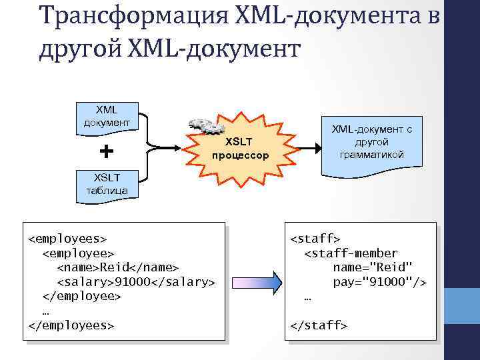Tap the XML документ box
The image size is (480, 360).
click(106, 116)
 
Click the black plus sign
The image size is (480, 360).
click(106, 151)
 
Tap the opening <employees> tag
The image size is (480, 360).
click(67, 238)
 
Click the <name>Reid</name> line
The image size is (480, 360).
click(117, 267)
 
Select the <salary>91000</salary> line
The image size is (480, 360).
click(136, 282)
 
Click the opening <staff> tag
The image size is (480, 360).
click(315, 238)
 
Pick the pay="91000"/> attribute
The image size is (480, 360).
click(380, 282)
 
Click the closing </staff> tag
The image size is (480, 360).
click(319, 325)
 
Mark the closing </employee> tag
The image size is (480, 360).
click(81, 296)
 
